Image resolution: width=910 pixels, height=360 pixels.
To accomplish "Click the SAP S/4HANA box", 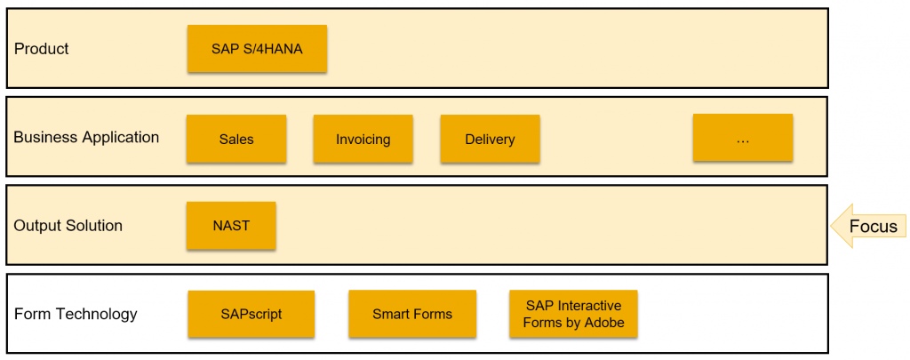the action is (x=257, y=49).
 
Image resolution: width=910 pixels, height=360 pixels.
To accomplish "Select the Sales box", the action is (x=236, y=139).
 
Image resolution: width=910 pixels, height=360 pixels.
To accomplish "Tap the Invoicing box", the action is (x=363, y=139).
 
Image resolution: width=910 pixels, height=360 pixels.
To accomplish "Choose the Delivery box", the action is (x=490, y=139).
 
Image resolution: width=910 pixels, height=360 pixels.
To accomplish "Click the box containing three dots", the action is (x=743, y=138).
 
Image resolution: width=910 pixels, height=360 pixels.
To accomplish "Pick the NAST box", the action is (x=231, y=225).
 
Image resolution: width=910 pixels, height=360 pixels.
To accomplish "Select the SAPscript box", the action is (x=251, y=314).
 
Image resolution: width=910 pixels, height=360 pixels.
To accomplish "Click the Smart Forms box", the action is (x=412, y=314).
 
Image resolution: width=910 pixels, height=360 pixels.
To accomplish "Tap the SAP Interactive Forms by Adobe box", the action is (x=573, y=314).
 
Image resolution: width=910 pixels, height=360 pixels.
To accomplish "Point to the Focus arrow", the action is (x=868, y=226).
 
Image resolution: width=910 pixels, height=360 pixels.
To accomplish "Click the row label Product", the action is (x=41, y=49).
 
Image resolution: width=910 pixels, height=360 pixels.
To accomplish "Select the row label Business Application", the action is (x=86, y=138).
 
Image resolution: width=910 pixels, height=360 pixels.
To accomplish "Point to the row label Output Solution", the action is (x=68, y=225).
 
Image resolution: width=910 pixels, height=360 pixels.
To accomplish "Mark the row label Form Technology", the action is (x=76, y=314).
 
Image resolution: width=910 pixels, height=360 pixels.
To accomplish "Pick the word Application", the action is (x=121, y=138).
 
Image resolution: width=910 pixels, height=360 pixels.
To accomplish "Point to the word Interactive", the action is (x=587, y=306).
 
